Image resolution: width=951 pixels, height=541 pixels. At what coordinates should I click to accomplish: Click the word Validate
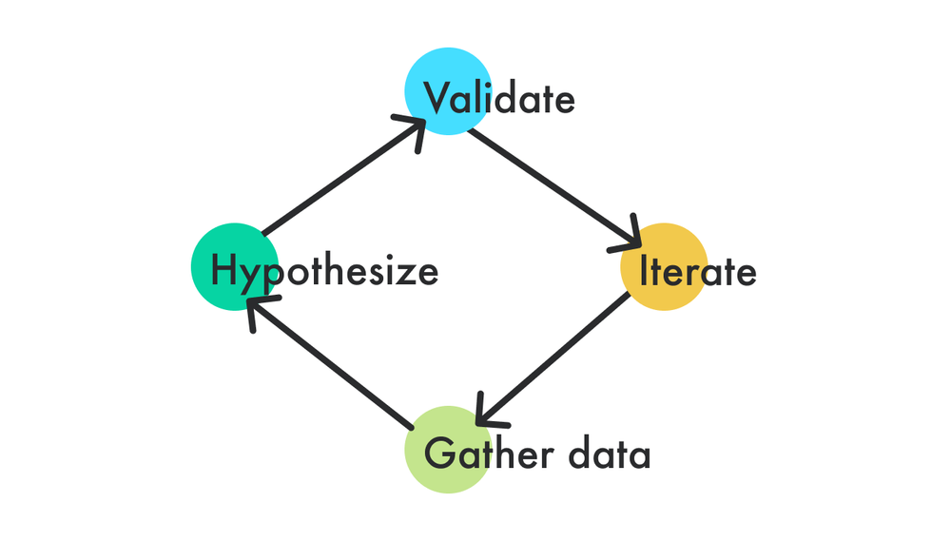click(498, 98)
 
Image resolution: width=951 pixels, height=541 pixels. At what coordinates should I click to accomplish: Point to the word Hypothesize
click(324, 272)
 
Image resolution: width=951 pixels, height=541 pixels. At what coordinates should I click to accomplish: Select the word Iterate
click(698, 272)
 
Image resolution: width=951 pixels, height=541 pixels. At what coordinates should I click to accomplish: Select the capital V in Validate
click(437, 98)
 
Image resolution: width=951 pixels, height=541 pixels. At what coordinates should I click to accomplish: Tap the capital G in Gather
click(439, 454)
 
